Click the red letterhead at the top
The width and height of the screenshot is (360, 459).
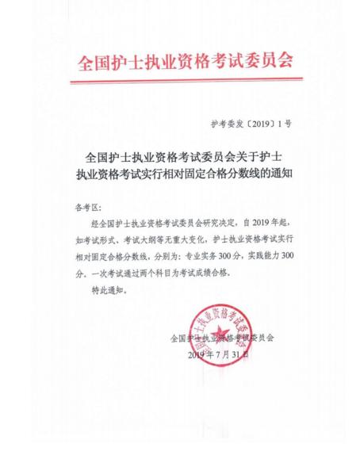(x=180, y=63)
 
